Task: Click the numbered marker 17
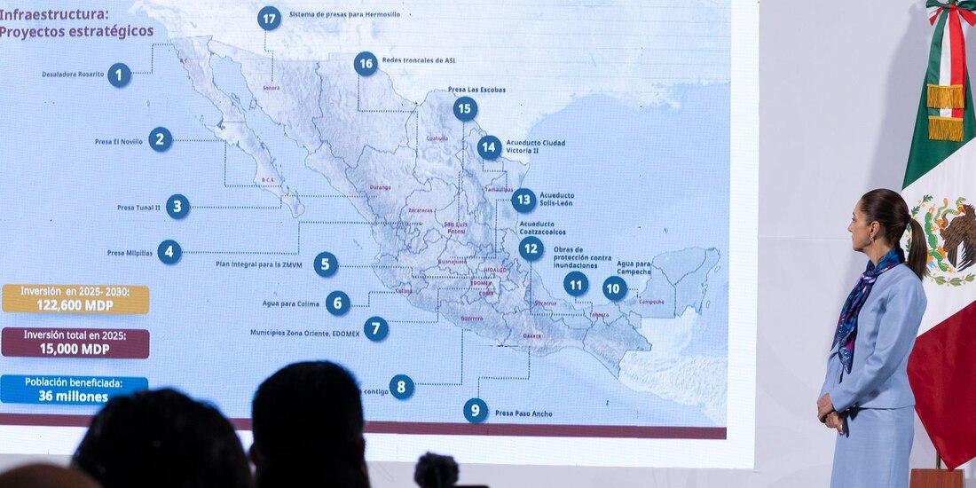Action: coord(269,18)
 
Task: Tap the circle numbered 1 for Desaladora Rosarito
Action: coord(119,75)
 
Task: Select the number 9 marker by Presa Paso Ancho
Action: coord(476,410)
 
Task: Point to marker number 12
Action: coord(531,248)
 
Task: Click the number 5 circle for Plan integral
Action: coord(326,264)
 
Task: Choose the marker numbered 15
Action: coord(465,109)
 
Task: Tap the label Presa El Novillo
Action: coord(119,141)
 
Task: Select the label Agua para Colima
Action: coord(278,303)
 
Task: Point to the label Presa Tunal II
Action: coord(138,208)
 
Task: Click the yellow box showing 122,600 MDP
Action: coord(75,299)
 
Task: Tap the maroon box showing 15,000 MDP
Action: coord(75,343)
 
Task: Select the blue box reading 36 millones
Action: coord(75,390)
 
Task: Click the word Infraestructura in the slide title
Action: coord(54,14)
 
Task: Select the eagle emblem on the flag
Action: coord(948,238)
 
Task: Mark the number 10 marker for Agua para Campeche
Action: coord(614,287)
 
